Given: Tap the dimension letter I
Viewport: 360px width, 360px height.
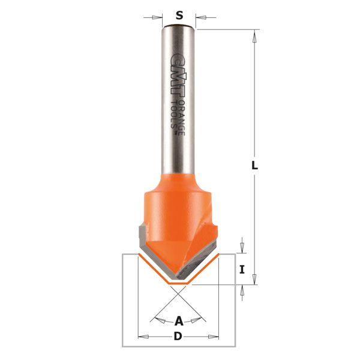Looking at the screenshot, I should [242, 269].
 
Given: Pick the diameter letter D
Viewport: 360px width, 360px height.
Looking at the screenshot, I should [178, 337].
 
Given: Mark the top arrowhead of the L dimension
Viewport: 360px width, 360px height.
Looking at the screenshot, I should [254, 35].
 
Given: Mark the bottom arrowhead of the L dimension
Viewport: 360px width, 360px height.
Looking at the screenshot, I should [254, 278].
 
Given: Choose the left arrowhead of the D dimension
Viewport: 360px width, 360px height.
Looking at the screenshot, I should [142, 337].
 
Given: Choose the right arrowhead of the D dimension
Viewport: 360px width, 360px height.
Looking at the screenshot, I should [215, 337].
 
